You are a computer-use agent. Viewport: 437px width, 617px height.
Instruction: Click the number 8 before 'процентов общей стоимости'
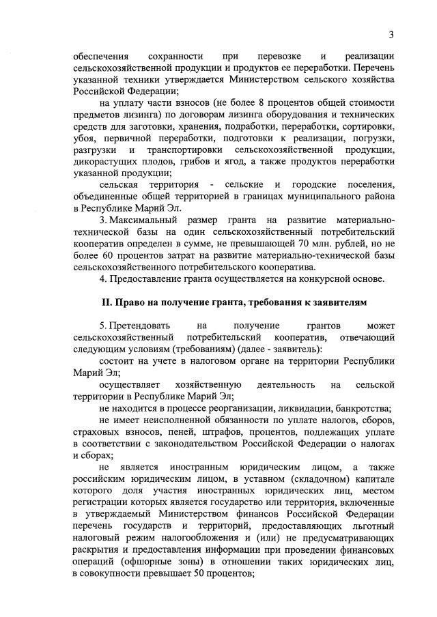click(x=257, y=103)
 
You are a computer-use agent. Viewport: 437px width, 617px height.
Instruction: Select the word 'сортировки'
click(x=370, y=126)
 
